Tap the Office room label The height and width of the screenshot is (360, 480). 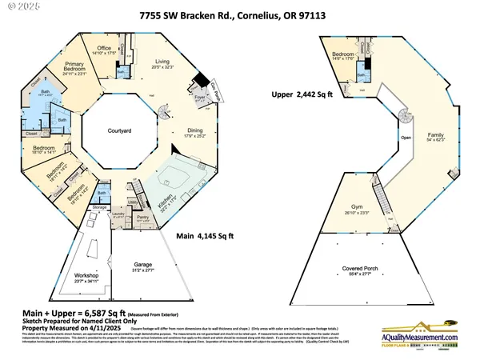coord(105,48)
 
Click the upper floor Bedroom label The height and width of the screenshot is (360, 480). coord(343,54)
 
